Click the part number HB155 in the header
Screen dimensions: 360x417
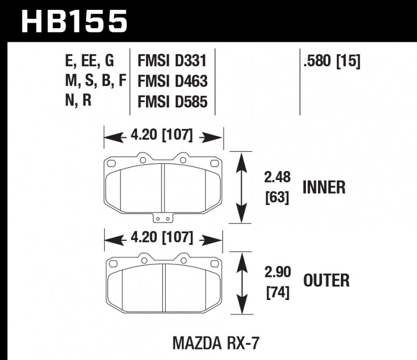(x=74, y=22)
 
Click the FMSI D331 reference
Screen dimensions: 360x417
(x=173, y=62)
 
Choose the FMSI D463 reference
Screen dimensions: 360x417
(x=173, y=81)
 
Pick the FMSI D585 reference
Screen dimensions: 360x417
(x=173, y=101)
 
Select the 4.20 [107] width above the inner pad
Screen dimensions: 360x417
(x=164, y=137)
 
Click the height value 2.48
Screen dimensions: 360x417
(x=277, y=178)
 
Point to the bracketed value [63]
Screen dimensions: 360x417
(x=277, y=198)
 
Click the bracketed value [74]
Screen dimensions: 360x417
(x=277, y=292)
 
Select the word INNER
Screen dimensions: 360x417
(x=324, y=187)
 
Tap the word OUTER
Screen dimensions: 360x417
(x=326, y=281)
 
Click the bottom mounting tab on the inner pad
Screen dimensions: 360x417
(x=164, y=219)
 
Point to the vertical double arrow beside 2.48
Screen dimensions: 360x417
(x=240, y=187)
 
